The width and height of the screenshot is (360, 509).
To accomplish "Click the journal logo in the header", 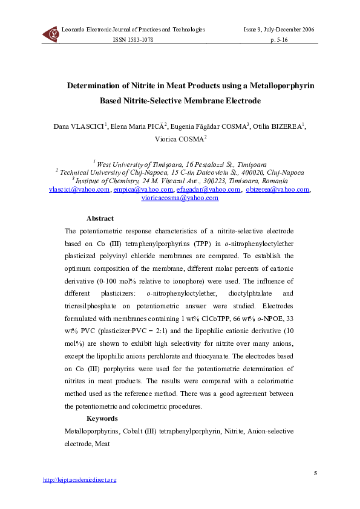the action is pyautogui.click(x=51, y=34).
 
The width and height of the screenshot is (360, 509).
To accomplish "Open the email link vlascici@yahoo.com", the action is pyautogui.click(x=79, y=189).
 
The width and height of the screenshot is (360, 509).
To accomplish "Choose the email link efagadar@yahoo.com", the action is pyautogui.click(x=201, y=189).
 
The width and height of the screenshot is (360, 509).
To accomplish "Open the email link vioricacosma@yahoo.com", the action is pyautogui.click(x=179, y=197).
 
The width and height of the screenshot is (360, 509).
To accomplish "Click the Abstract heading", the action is pyautogui.click(x=100, y=219).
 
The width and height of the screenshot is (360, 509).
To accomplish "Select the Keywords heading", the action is pyautogui.click(x=102, y=418).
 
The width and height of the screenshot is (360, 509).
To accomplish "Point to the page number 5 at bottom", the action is pyautogui.click(x=315, y=472).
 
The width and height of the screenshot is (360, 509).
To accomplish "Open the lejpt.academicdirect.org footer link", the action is pyautogui.click(x=79, y=480).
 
